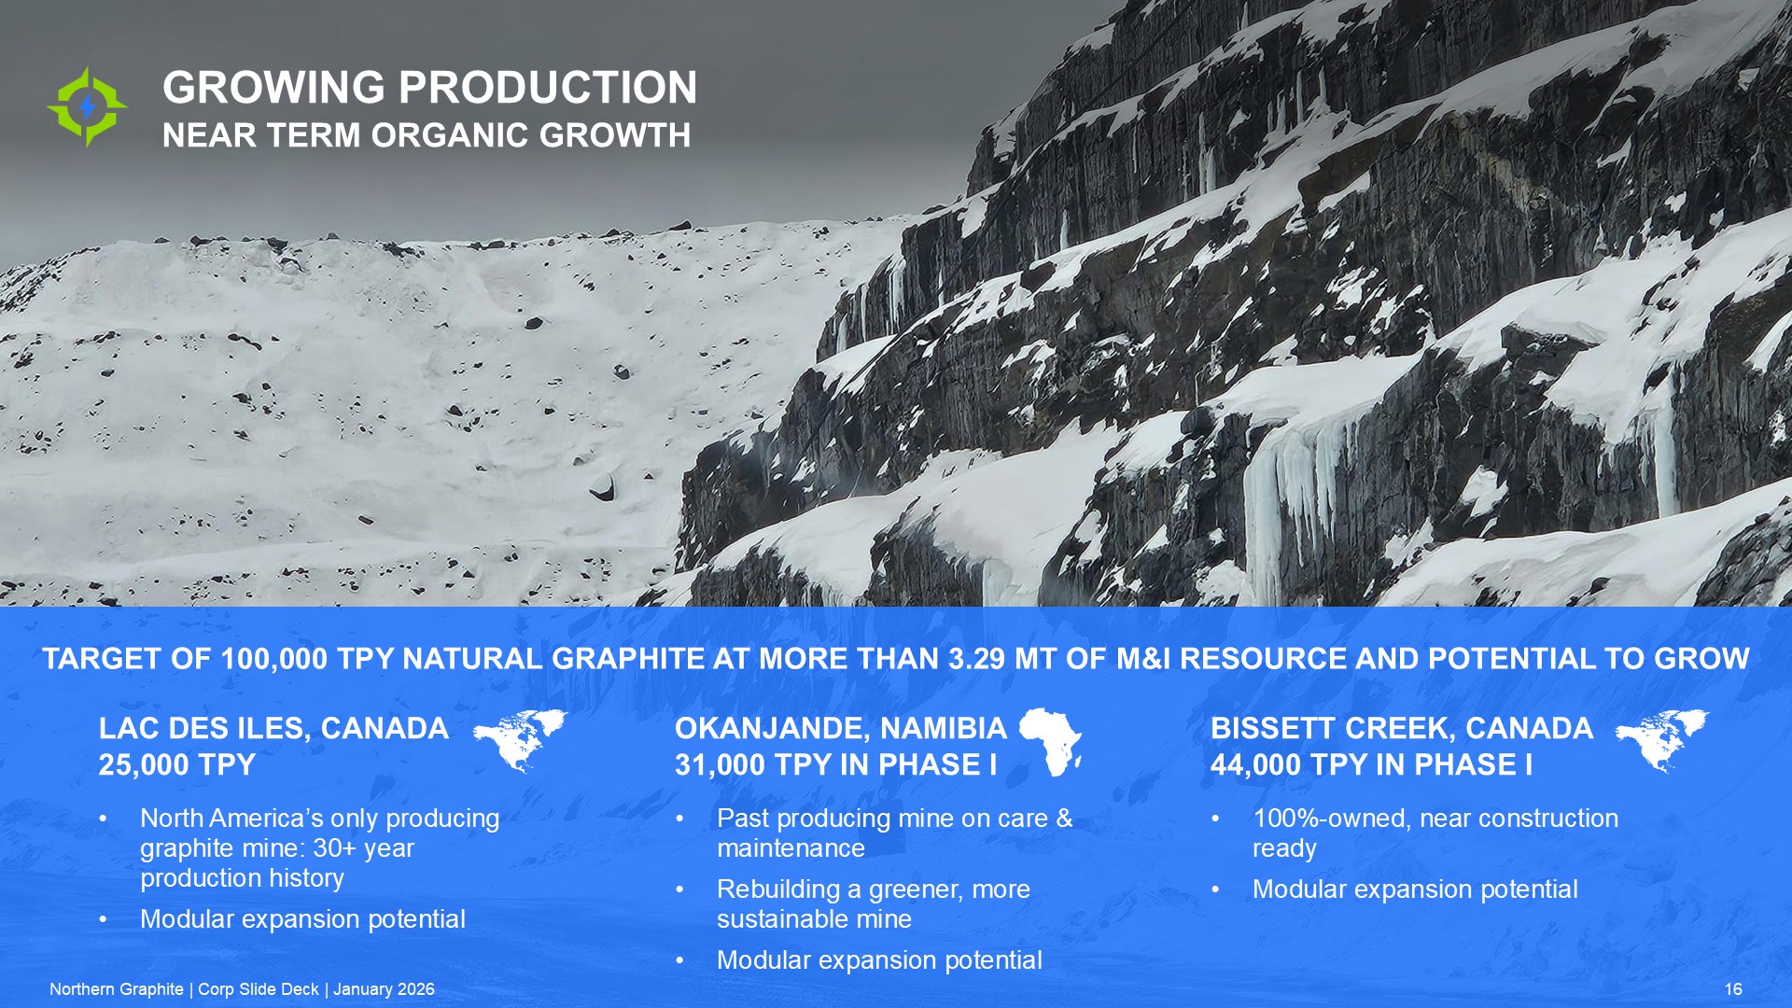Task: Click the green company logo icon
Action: click(88, 106)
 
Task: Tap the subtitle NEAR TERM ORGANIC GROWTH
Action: click(427, 135)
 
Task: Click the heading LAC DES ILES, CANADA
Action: click(273, 728)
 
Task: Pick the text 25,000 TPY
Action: click(177, 765)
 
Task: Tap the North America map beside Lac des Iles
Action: click(521, 741)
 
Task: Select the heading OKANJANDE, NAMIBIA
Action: click(841, 728)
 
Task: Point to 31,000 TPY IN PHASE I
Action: click(836, 765)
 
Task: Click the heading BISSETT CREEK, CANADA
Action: click(1402, 728)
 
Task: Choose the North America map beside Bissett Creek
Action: click(1662, 741)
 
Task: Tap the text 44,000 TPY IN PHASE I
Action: click(1372, 765)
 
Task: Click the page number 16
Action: click(1733, 989)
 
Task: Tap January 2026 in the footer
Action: click(384, 989)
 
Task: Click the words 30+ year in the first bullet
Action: click(363, 848)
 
